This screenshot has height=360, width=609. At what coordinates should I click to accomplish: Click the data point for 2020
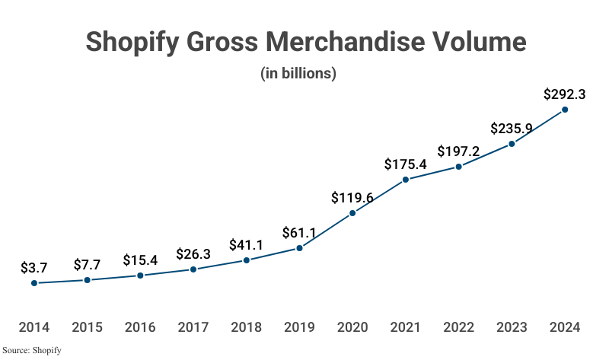[352, 214]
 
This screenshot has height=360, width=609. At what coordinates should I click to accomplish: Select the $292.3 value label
[564, 95]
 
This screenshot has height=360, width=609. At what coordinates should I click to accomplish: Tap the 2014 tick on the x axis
[34, 328]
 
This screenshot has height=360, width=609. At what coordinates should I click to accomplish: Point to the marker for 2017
[193, 269]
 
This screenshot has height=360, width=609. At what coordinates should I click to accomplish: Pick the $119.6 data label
[352, 198]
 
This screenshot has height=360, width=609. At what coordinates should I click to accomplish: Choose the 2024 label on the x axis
[564, 328]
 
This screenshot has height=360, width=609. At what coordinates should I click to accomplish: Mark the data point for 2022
[458, 167]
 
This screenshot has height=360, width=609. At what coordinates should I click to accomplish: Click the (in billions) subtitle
[298, 74]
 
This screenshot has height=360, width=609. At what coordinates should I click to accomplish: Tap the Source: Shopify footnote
[31, 351]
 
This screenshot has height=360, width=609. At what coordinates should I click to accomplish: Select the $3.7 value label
[34, 268]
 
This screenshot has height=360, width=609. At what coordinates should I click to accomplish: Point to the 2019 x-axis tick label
[299, 328]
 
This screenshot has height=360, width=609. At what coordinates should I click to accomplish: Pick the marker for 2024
[565, 110]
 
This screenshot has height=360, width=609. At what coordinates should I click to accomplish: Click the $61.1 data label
[299, 232]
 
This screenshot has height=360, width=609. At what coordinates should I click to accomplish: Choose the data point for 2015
[88, 280]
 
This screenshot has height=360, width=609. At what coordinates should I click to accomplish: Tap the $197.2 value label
[458, 151]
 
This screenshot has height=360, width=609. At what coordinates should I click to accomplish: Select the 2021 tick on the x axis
[405, 328]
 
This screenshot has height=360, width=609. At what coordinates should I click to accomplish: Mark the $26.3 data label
[193, 254]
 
